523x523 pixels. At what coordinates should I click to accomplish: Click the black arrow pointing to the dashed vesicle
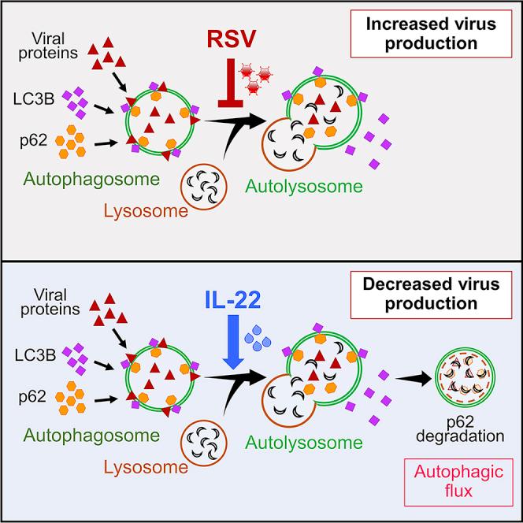[407, 379]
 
